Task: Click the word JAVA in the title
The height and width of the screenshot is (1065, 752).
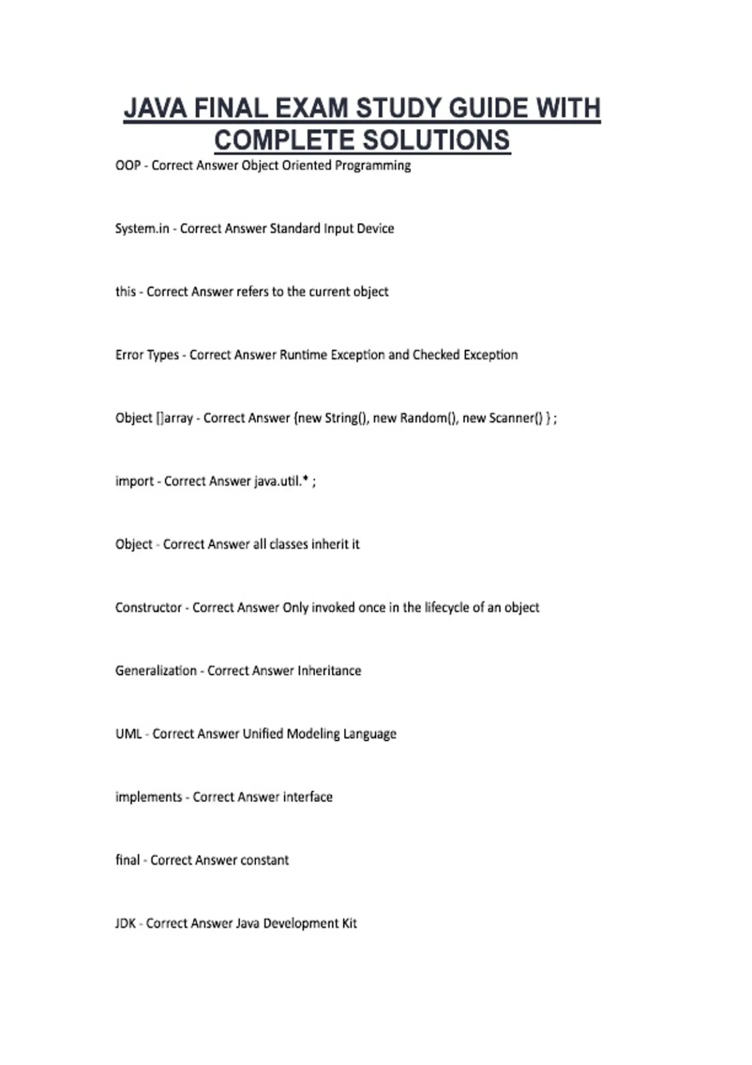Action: (x=155, y=108)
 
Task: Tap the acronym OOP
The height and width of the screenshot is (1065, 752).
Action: (x=128, y=165)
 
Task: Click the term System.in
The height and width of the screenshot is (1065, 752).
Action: (x=142, y=229)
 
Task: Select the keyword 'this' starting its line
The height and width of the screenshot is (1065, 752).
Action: (x=125, y=291)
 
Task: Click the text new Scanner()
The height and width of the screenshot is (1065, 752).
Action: (x=503, y=418)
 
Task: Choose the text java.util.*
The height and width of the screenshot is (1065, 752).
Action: (x=281, y=481)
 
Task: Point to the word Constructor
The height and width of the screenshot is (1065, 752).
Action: (x=149, y=607)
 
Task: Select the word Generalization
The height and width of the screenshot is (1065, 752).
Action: (x=156, y=670)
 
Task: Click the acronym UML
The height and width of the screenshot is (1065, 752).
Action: (x=128, y=734)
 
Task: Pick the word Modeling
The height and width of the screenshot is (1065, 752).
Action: (x=313, y=734)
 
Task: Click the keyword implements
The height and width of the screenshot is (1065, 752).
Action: (x=149, y=797)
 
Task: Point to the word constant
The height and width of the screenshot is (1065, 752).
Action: (x=264, y=860)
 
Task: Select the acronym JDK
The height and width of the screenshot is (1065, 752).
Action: (x=125, y=923)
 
